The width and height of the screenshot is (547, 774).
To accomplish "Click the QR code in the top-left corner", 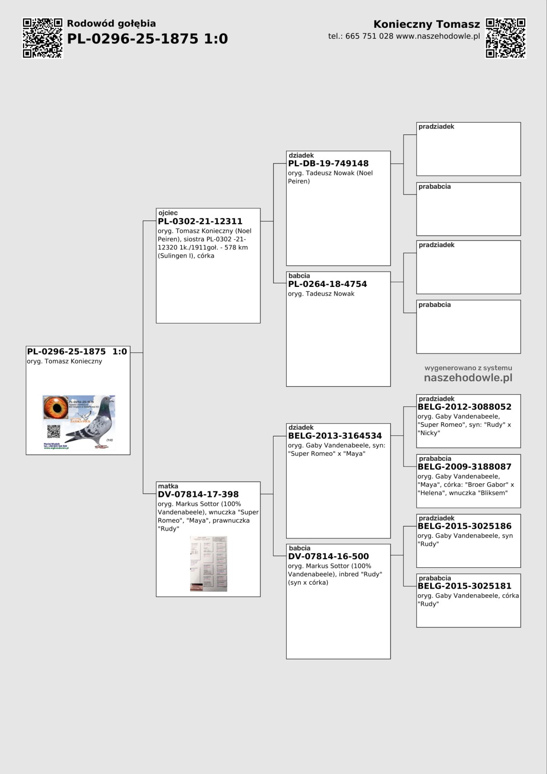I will click(x=42, y=38).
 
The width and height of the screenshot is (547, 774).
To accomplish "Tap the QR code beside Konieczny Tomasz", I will click(x=506, y=38).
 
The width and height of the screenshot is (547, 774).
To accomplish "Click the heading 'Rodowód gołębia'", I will click(x=111, y=24).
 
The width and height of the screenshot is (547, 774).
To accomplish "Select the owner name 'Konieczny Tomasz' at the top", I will click(x=426, y=24).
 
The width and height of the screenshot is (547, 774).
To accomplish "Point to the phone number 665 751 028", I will click(x=369, y=36).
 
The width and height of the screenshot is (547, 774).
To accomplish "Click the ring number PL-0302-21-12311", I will click(x=200, y=221).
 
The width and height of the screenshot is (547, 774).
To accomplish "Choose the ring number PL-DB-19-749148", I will click(x=328, y=163).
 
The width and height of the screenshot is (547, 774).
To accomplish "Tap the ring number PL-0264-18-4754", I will click(x=327, y=284).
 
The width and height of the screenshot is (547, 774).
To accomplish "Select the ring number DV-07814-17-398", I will click(x=198, y=494).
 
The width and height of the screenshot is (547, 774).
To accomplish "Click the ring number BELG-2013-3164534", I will click(x=335, y=436).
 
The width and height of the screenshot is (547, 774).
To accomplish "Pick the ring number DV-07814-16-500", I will click(x=328, y=556).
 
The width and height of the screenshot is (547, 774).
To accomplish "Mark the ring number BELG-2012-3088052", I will click(x=464, y=407).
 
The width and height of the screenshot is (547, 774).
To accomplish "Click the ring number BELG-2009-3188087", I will click(x=464, y=467).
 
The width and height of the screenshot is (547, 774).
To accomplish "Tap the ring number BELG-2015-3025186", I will click(x=464, y=526).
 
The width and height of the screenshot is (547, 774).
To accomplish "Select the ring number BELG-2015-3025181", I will click(x=464, y=586).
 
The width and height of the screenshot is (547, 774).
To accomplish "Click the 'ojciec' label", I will click(x=168, y=213).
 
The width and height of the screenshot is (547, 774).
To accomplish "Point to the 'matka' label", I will click(x=168, y=486).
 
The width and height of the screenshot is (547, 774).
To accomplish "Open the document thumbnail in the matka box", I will click(x=208, y=564).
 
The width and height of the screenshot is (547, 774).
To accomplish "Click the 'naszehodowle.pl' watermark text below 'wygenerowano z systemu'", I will click(x=468, y=378).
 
